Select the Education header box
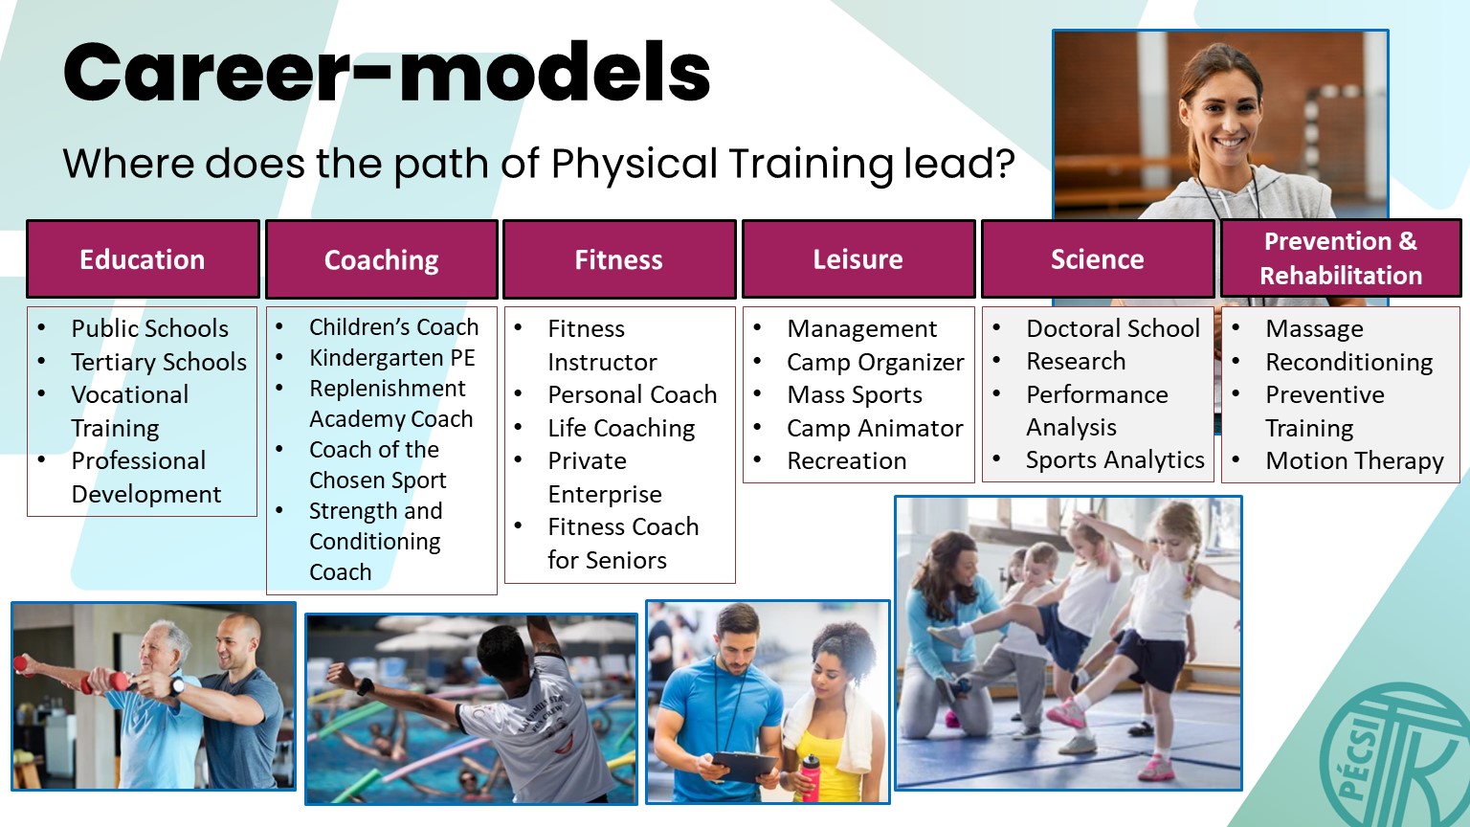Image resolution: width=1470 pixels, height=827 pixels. tap(143, 259)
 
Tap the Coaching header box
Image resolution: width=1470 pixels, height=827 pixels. tap(382, 259)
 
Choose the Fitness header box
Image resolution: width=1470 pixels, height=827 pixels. tap(619, 259)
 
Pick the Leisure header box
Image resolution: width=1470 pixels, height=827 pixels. tap(858, 259)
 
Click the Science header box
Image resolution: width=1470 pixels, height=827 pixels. tap(1098, 259)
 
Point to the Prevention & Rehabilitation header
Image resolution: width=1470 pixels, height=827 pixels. tap(1341, 257)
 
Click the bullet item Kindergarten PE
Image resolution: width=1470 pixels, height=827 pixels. tap(391, 358)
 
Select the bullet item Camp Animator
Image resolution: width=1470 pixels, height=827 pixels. tap(875, 428)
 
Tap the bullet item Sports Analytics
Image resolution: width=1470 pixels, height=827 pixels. tap(1115, 460)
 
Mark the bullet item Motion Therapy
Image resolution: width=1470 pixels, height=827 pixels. tap(1354, 460)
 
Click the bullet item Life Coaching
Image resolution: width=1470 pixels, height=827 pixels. tap(621, 428)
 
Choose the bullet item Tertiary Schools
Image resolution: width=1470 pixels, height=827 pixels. tap(159, 362)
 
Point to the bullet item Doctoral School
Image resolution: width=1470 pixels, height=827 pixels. tap(1113, 328)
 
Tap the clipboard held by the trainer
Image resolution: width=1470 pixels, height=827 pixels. tap(745, 766)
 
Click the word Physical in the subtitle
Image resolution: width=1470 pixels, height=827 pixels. tap(634, 164)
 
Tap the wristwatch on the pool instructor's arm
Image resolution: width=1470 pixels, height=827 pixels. tap(365, 687)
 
